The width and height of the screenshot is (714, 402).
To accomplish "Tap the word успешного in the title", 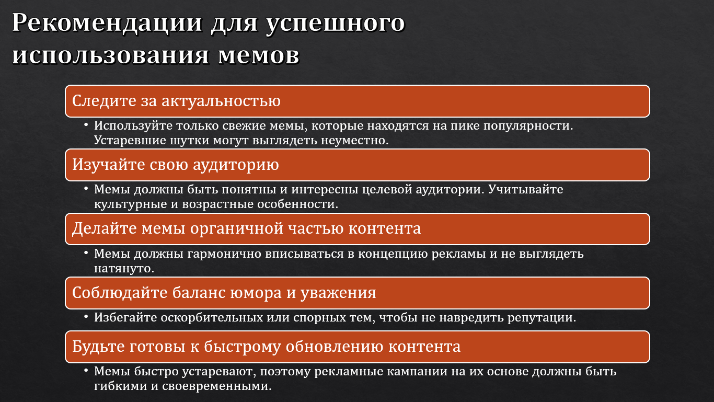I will [x=335, y=24].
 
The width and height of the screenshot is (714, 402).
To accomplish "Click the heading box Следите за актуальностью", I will [x=357, y=101].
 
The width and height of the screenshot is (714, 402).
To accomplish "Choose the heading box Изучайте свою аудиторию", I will [x=357, y=165].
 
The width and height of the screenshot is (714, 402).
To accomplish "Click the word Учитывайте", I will [x=526, y=189].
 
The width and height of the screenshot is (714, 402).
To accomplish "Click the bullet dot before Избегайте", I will [x=86, y=317].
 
